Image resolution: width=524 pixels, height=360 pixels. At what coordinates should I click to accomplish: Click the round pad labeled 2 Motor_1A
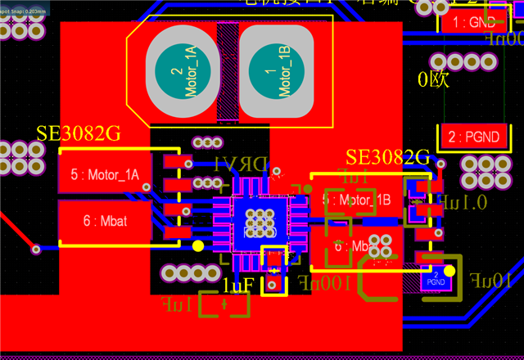[x=183, y=72]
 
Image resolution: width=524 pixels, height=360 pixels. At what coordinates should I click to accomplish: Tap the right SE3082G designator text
[x=387, y=157]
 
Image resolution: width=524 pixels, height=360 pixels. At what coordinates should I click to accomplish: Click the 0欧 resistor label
[x=434, y=80]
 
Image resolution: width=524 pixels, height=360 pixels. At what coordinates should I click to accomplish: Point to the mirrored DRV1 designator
[x=241, y=164]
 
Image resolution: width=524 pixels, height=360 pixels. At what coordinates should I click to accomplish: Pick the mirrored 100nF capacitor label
[x=325, y=283]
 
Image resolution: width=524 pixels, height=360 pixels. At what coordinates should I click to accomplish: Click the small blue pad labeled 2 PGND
[x=435, y=278]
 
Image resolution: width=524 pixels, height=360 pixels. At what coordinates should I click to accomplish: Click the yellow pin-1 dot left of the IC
[x=197, y=245]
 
